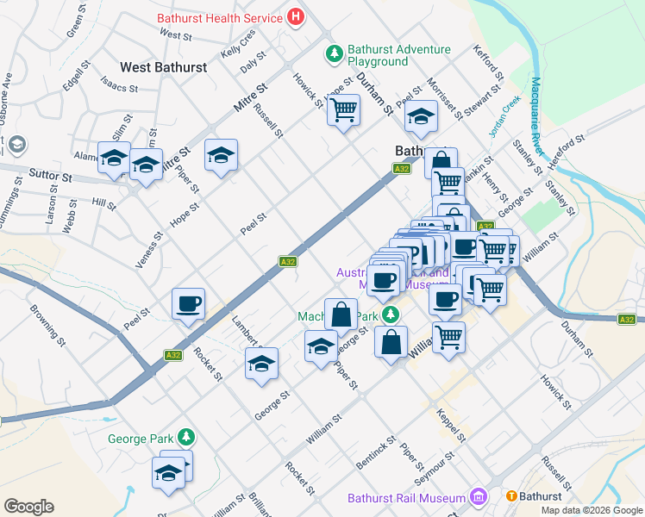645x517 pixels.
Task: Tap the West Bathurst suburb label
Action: tap(163, 66)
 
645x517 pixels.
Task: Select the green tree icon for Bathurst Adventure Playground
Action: tap(334, 54)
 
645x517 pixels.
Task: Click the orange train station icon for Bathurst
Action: tap(511, 496)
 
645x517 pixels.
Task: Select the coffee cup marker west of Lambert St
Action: tap(188, 304)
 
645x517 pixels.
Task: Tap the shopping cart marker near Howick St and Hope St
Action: tap(343, 109)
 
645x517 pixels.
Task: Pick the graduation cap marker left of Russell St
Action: tap(221, 155)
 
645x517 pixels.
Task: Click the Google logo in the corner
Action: tap(28, 507)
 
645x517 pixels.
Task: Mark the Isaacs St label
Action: tap(120, 87)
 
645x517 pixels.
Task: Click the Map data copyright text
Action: tap(591, 510)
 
